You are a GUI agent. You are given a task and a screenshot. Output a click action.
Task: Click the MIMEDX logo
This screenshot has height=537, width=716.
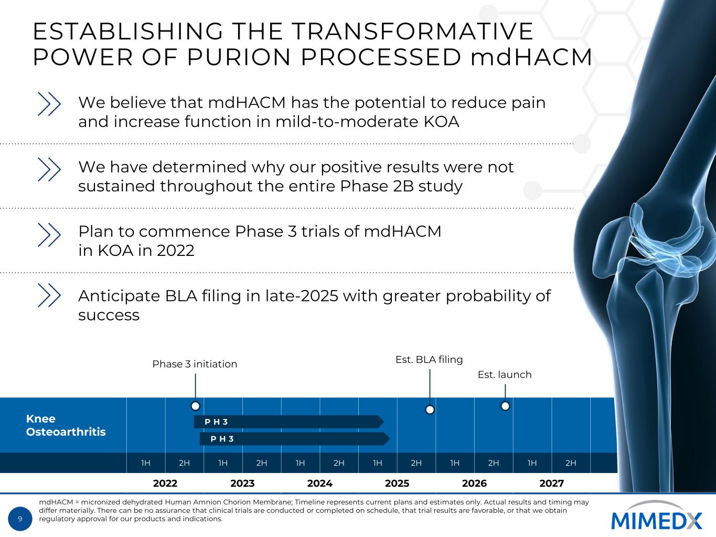pyautogui.click(x=656, y=516)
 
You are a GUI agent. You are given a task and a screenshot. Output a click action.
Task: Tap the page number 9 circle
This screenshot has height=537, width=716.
pyautogui.click(x=20, y=519)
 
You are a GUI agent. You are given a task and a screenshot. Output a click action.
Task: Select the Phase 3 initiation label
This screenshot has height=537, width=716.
pyautogui.click(x=195, y=364)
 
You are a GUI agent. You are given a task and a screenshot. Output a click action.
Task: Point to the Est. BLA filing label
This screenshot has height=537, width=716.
pyautogui.click(x=429, y=360)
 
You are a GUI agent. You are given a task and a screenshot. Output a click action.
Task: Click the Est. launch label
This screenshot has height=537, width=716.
pyautogui.click(x=505, y=374)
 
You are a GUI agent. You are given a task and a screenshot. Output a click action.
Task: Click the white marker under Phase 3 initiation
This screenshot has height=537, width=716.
pyautogui.click(x=195, y=406)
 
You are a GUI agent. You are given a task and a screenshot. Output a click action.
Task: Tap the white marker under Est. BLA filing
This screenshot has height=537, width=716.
pyautogui.click(x=430, y=410)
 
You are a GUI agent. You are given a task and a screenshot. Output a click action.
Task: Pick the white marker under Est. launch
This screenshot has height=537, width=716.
pyautogui.click(x=505, y=406)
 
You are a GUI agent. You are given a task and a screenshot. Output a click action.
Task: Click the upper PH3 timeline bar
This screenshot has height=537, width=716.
pyautogui.click(x=288, y=422)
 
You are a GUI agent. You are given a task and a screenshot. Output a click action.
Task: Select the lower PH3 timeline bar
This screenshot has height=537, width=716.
pyautogui.click(x=295, y=439)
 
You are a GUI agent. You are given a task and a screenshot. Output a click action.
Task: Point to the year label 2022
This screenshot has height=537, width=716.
pyautogui.click(x=165, y=483)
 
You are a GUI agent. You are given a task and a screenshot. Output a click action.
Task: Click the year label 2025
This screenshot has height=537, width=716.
pyautogui.click(x=397, y=483)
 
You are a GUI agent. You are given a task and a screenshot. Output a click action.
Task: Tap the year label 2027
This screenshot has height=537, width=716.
pyautogui.click(x=552, y=483)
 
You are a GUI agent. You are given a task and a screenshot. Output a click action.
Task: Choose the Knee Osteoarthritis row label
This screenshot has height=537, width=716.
pyautogui.click(x=66, y=425)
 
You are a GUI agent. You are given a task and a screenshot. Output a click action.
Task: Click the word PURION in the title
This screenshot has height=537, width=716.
pyautogui.click(x=239, y=57)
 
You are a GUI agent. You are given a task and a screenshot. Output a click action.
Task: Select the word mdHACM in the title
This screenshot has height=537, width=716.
pyautogui.click(x=531, y=57)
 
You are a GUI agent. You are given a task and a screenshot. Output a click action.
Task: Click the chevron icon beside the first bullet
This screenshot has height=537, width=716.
pyautogui.click(x=49, y=104)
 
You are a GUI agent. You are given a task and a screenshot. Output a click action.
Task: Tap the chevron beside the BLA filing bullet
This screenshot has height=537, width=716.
pyautogui.click(x=49, y=295)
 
